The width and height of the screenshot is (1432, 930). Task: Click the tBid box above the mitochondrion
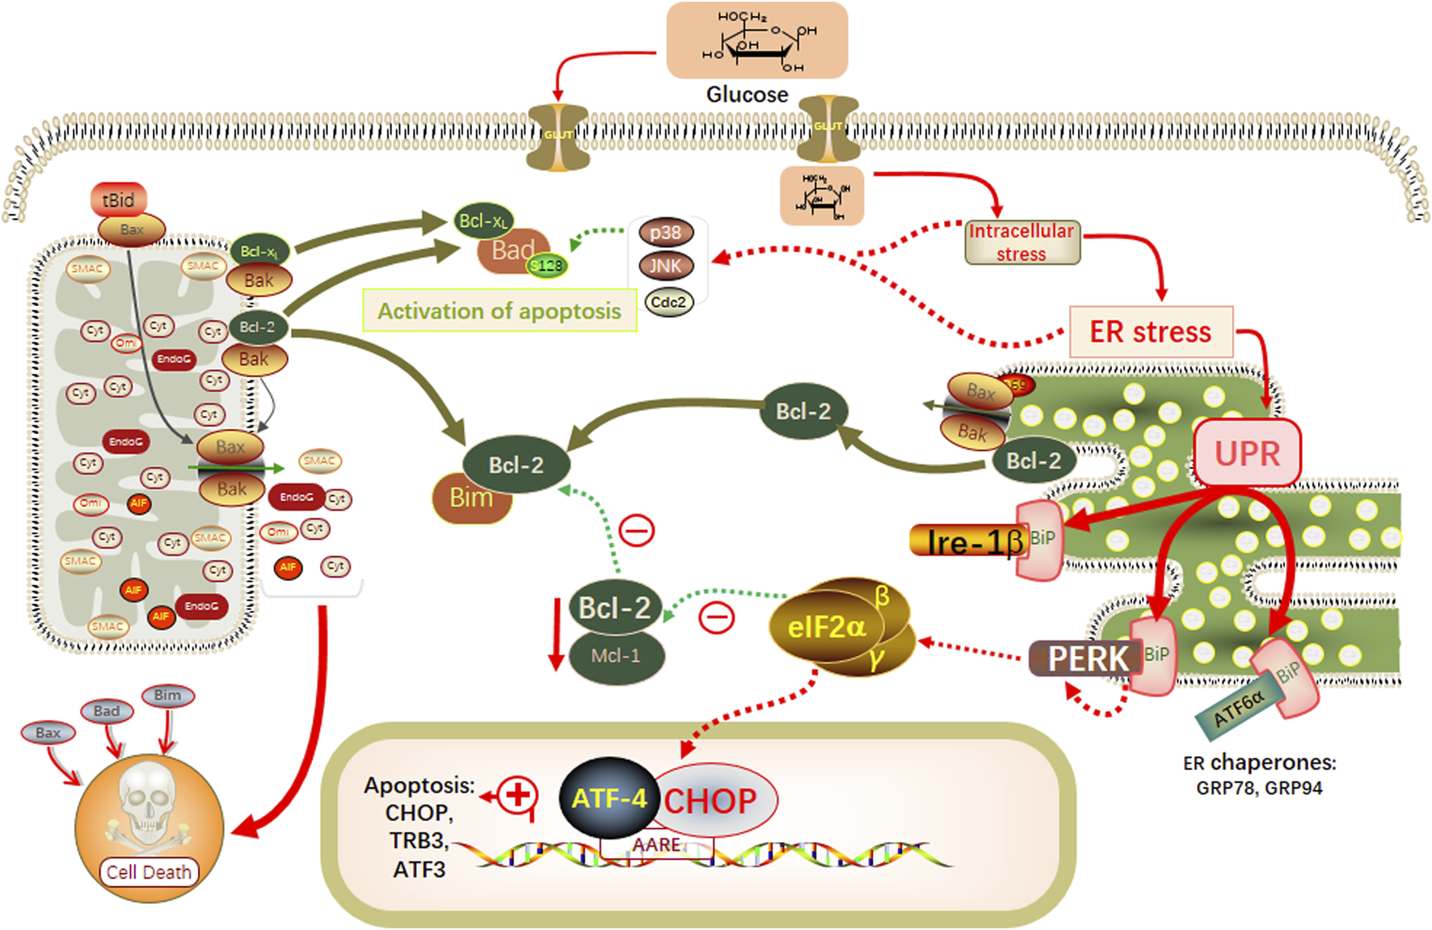[118, 200]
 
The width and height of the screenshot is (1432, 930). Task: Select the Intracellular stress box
[1021, 242]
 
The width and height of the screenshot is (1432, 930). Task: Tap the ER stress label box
[1151, 331]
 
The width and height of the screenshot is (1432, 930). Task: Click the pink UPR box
[1247, 453]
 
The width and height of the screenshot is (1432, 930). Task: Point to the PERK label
[1086, 659]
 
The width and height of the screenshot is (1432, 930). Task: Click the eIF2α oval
[826, 627]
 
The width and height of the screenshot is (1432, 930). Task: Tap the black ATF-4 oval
[609, 798]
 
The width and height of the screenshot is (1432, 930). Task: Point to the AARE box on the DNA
[656, 845]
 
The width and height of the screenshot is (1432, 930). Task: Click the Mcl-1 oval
[616, 655]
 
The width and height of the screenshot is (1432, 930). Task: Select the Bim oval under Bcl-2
[471, 498]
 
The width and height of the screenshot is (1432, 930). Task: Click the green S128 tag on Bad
[547, 265]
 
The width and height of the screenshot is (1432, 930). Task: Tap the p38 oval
[665, 233]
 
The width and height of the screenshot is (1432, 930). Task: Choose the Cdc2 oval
[668, 302]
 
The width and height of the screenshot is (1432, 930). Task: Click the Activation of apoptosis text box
[499, 311]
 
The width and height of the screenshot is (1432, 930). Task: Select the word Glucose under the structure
[747, 95]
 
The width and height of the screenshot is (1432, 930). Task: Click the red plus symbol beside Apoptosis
[518, 794]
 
